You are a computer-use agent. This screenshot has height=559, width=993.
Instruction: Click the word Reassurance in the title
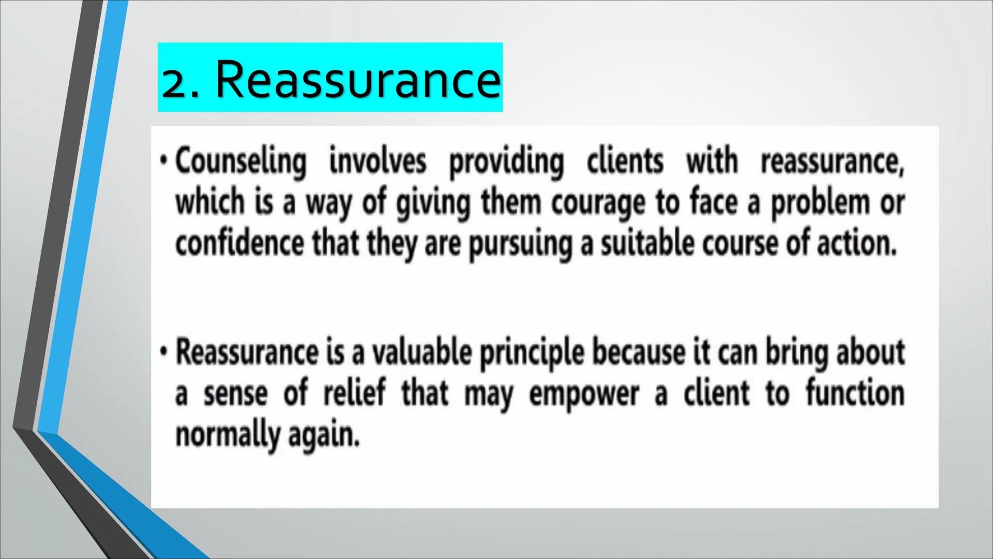[x=358, y=79]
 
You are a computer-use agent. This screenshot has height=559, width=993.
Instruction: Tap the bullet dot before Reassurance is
[x=163, y=352]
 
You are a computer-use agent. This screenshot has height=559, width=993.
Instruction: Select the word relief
[x=355, y=393]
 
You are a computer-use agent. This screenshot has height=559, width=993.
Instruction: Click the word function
[x=855, y=393]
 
